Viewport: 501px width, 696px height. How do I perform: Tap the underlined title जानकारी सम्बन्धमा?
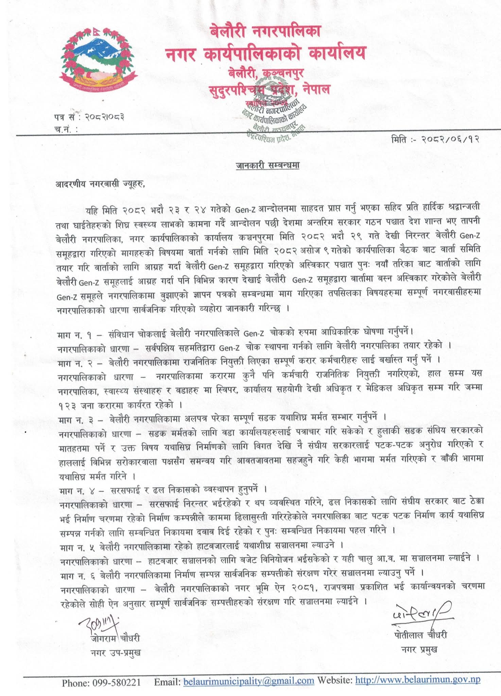267,166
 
